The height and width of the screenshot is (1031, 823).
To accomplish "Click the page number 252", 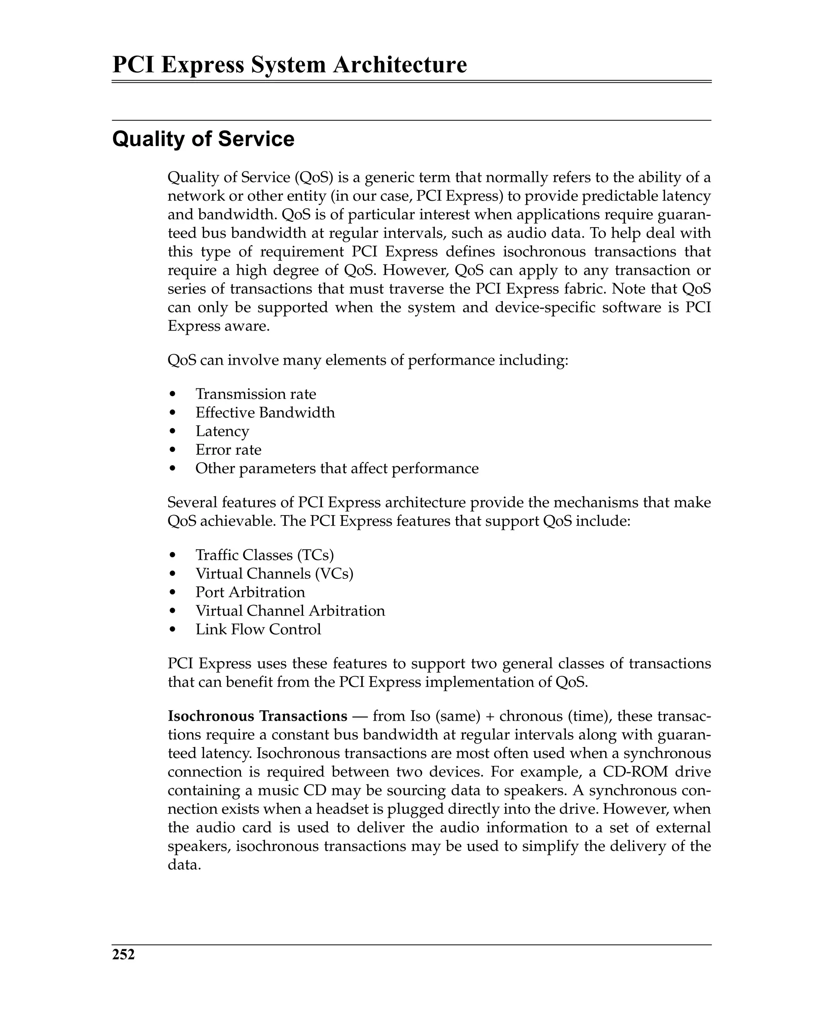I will tap(123, 955).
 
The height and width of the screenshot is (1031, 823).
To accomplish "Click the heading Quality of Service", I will tap(203, 139).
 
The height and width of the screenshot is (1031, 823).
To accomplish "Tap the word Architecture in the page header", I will tap(399, 65).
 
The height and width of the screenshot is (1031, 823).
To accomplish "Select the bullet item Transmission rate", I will tap(255, 394).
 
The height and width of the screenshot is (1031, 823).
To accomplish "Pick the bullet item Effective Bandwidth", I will tap(265, 413).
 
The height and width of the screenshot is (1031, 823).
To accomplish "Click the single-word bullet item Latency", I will tap(222, 431).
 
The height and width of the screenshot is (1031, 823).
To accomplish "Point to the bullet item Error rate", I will tap(228, 450).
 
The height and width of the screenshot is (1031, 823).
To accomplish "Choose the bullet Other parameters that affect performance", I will tap(336, 468).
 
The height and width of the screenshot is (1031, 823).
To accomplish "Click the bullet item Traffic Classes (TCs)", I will tap(264, 555).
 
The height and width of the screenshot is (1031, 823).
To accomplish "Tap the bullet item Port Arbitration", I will tap(250, 592).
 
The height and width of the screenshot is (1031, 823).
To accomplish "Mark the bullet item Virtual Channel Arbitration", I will tap(290, 611).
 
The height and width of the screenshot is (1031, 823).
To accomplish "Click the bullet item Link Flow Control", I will tap(258, 630).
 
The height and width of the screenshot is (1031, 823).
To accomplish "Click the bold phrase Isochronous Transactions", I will tap(257, 716).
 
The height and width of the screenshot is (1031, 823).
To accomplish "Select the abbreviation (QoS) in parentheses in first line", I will tap(313, 177).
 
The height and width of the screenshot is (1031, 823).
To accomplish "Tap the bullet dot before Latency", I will tap(172, 432).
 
